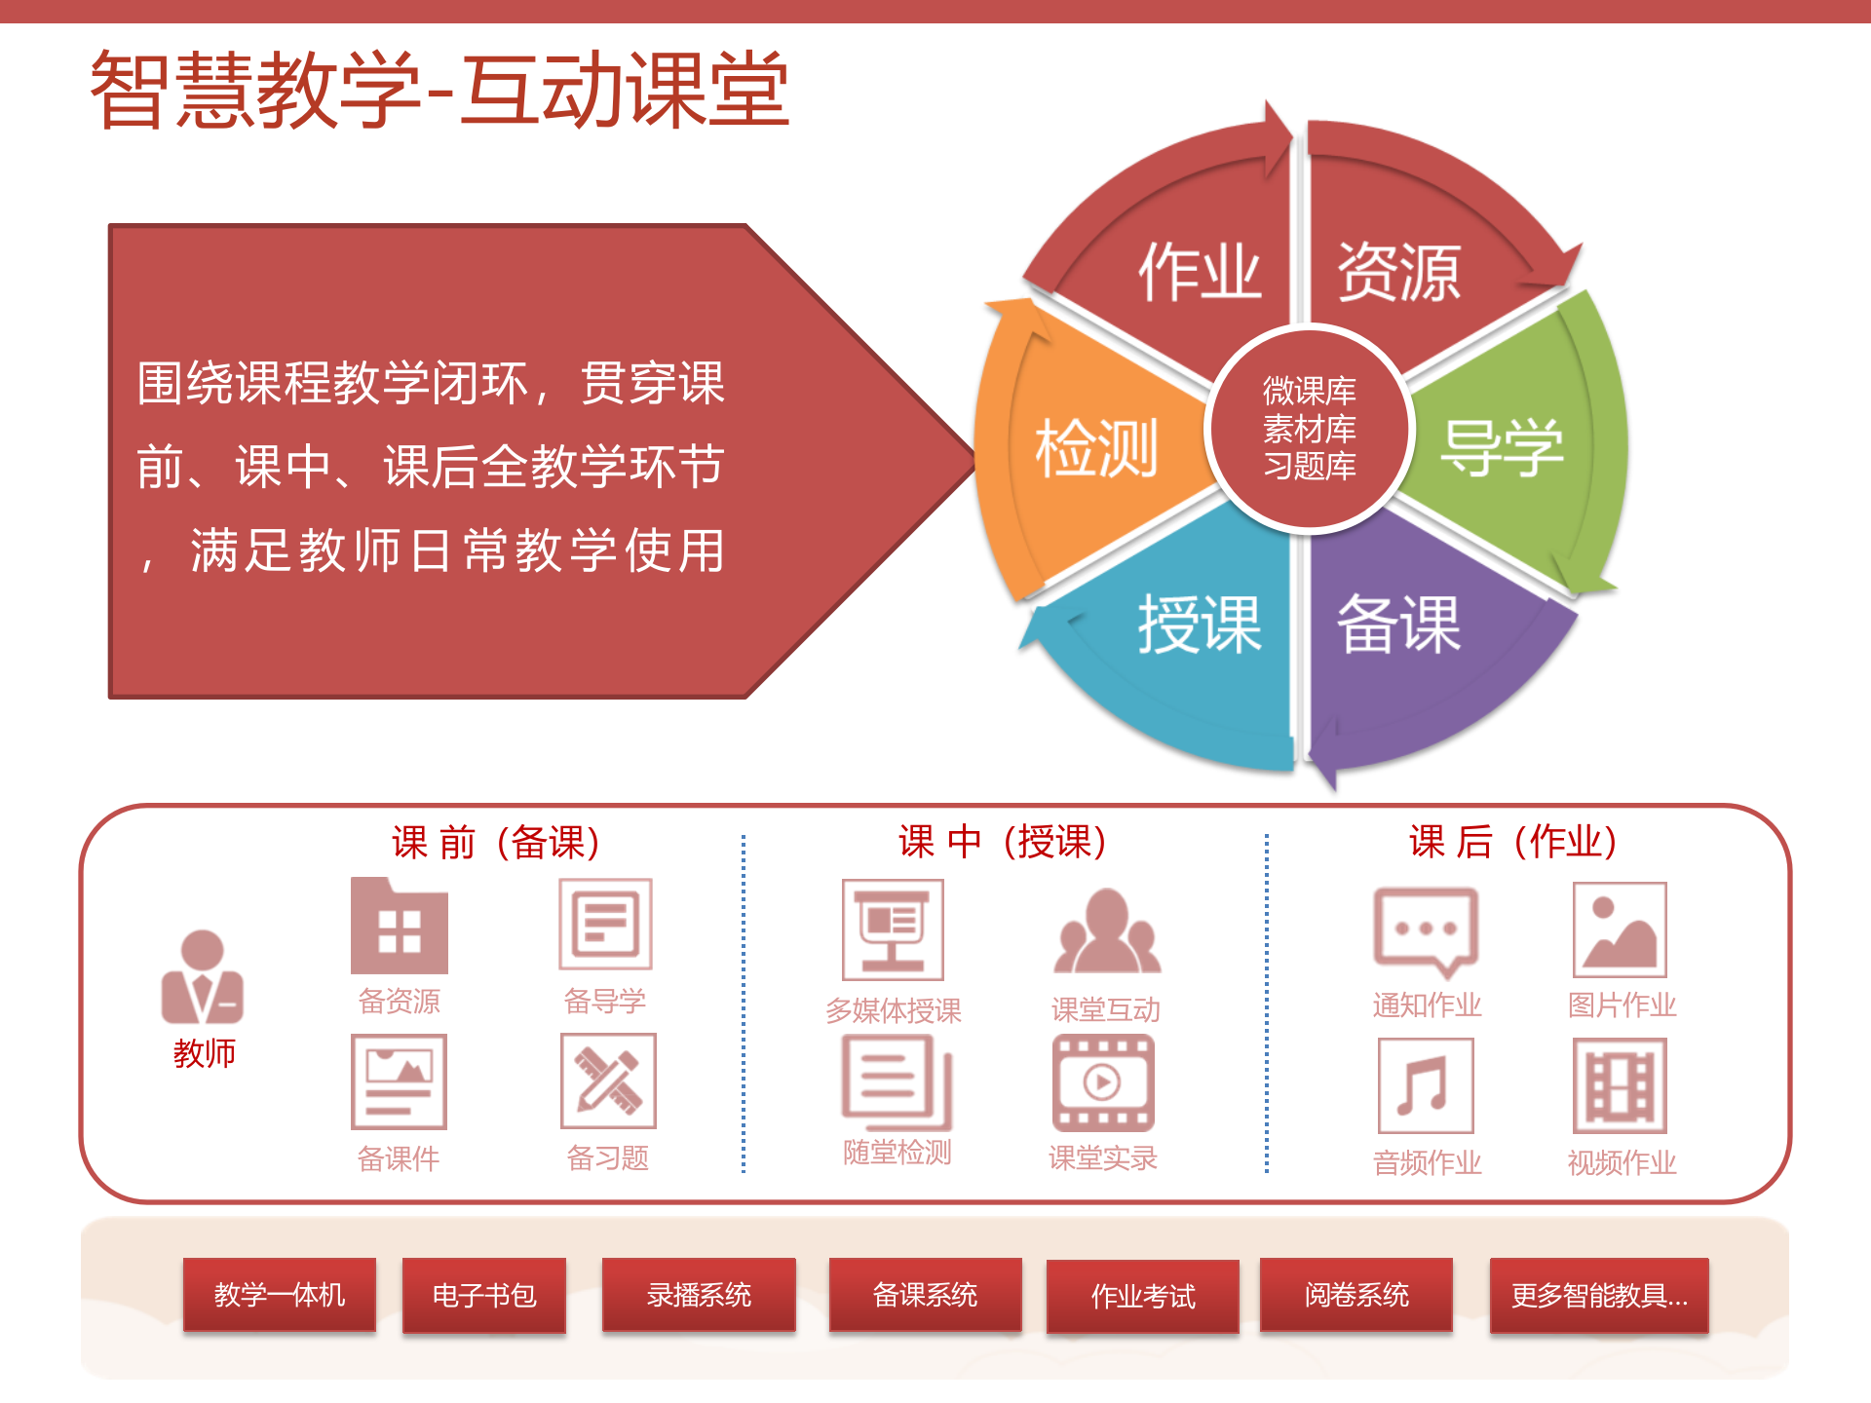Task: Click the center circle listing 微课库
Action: pyautogui.click(x=1309, y=429)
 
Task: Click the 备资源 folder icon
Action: pyautogui.click(x=400, y=927)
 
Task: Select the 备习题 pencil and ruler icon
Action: pyautogui.click(x=608, y=1081)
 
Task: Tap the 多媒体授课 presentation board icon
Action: pyautogui.click(x=893, y=929)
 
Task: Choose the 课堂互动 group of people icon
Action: pyautogui.click(x=1106, y=931)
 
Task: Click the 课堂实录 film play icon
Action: pyautogui.click(x=1103, y=1082)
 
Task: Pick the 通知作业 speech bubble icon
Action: pyautogui.click(x=1426, y=931)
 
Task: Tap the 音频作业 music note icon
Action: pyautogui.click(x=1426, y=1085)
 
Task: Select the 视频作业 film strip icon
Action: pyautogui.click(x=1620, y=1085)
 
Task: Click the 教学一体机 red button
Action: pyautogui.click(x=280, y=1295)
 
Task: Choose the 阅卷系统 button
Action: pyautogui.click(x=1356, y=1295)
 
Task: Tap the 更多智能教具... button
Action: pyautogui.click(x=1599, y=1296)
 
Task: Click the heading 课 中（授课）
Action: pyautogui.click(x=1003, y=842)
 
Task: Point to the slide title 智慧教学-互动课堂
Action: pyautogui.click(x=439, y=90)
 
